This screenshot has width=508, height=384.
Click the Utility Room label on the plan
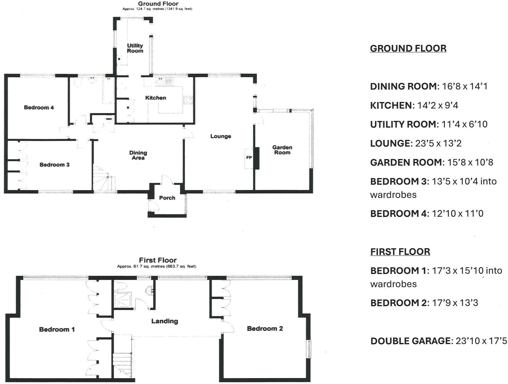coord(135,48)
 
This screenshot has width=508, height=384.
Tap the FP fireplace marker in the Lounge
coord(249,158)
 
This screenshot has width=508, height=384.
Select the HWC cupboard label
coord(109,119)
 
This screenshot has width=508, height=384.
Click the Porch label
coord(167,198)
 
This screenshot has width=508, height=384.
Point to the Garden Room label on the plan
coord(282,150)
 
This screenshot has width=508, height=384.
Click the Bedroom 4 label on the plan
coord(39,107)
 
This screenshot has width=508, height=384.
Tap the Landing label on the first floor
coord(165,321)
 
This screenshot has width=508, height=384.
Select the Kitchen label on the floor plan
coord(155,98)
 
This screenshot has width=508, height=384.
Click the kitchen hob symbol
coord(188,100)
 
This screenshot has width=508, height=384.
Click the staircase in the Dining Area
coord(104,178)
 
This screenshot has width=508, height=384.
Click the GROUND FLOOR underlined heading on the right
coord(408,48)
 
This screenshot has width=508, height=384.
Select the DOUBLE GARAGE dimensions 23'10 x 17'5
coord(481,341)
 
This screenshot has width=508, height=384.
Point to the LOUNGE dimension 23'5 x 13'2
coord(438,143)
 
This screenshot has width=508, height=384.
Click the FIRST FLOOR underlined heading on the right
coord(400,252)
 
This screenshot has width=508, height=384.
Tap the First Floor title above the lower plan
coord(158,260)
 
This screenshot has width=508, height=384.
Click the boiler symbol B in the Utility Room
coord(119,59)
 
